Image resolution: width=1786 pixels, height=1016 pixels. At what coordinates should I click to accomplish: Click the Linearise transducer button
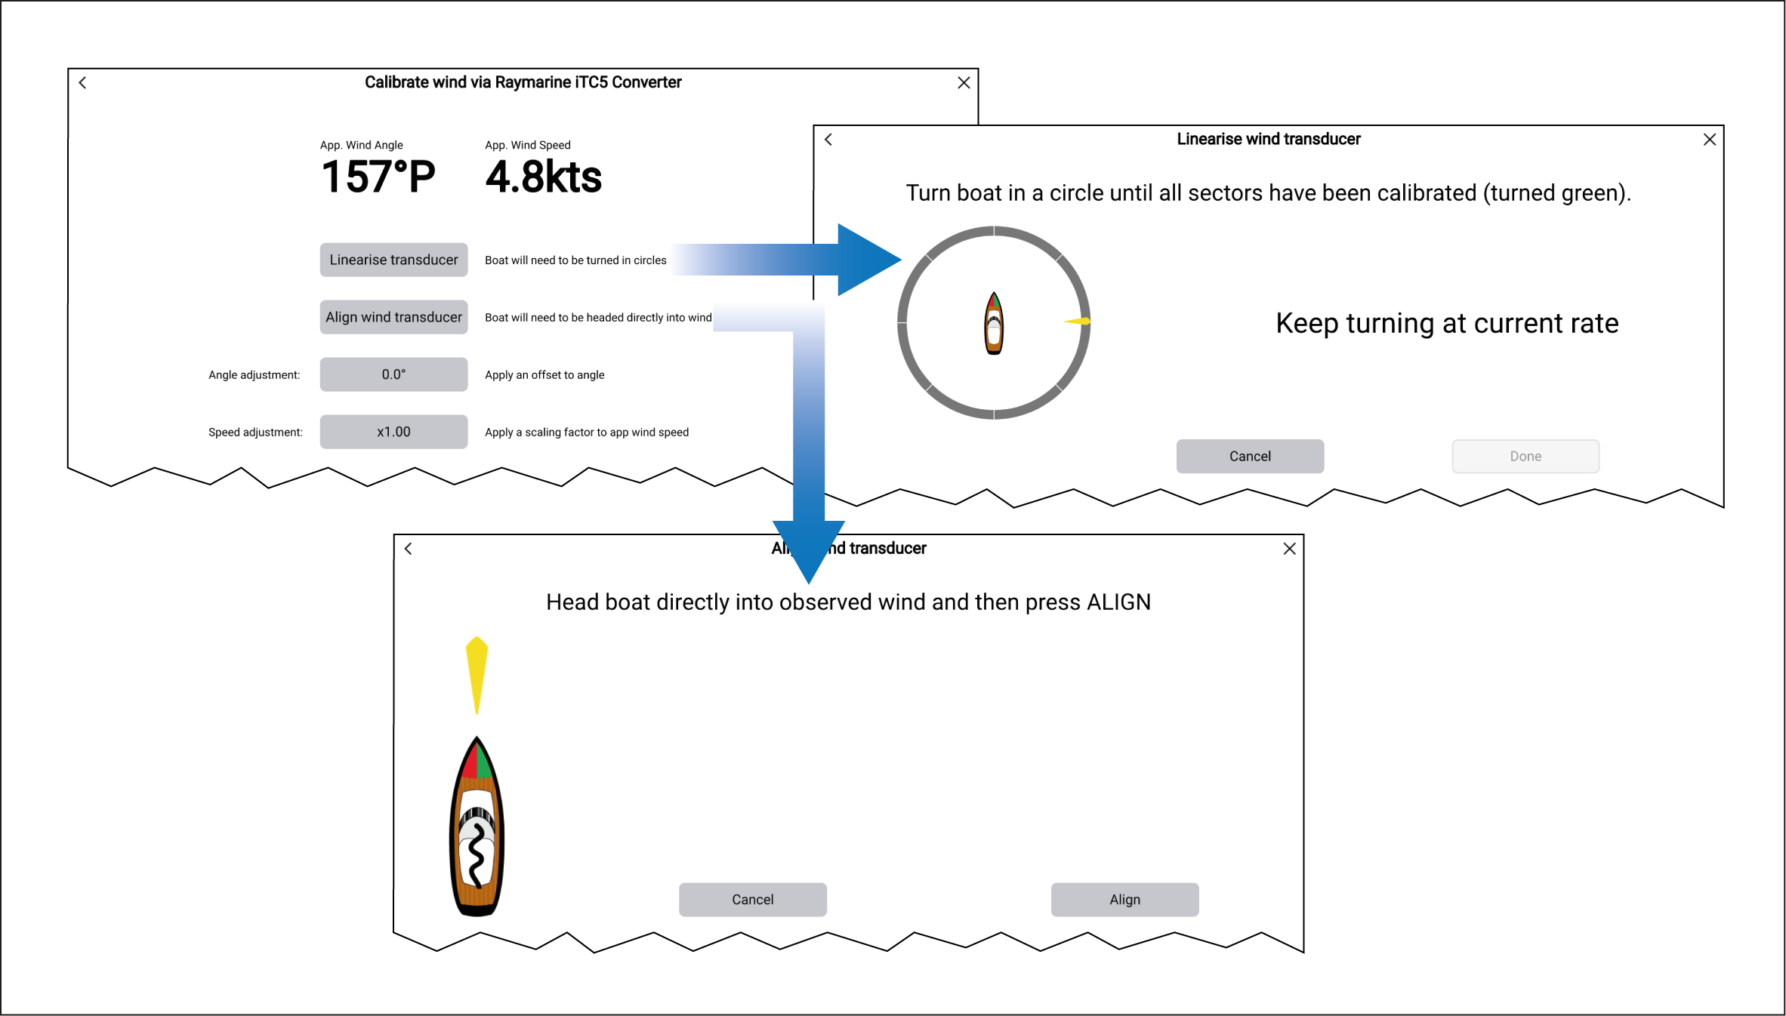pyautogui.click(x=393, y=260)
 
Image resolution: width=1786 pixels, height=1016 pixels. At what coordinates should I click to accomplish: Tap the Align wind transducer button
pyautogui.click(x=393, y=317)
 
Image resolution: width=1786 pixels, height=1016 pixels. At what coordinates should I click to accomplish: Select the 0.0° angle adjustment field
pyautogui.click(x=393, y=374)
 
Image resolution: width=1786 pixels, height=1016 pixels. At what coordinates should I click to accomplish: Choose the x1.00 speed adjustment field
pyautogui.click(x=393, y=432)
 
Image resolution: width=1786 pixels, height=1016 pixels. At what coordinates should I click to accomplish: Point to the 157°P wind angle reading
pyautogui.click(x=378, y=177)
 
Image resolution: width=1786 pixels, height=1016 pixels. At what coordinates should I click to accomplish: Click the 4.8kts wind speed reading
pyautogui.click(x=543, y=177)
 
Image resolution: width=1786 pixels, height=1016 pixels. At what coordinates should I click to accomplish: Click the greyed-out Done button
pyautogui.click(x=1525, y=456)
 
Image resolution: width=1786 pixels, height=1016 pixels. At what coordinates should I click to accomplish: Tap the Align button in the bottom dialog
pyautogui.click(x=1124, y=899)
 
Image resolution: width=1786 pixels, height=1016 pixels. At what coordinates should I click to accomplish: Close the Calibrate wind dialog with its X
pyautogui.click(x=964, y=83)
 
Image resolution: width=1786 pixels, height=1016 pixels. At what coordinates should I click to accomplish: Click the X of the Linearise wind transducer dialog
pyautogui.click(x=1710, y=140)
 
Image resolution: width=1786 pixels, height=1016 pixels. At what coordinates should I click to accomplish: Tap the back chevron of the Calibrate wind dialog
pyautogui.click(x=83, y=83)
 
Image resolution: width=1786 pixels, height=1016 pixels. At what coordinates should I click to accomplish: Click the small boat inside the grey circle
pyautogui.click(x=994, y=323)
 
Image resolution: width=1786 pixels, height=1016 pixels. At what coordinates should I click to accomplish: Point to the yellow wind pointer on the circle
pyautogui.click(x=1078, y=322)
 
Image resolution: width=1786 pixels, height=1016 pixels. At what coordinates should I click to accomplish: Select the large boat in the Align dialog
pyautogui.click(x=477, y=827)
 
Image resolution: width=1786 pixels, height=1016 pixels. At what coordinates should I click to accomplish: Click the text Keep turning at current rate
pyautogui.click(x=1447, y=323)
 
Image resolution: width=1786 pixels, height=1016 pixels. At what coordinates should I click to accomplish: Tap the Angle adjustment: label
pyautogui.click(x=254, y=375)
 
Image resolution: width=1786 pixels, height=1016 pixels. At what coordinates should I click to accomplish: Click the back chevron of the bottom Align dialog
pyautogui.click(x=409, y=549)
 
